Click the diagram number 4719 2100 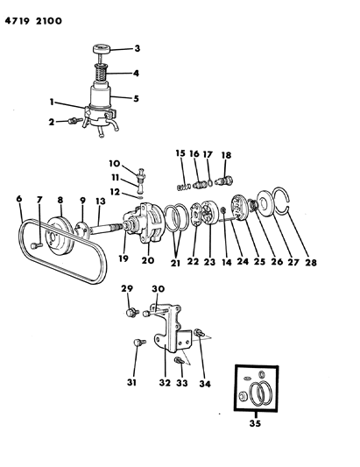pos(33,21)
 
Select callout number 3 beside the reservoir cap pos(137,48)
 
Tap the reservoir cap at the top pos(100,48)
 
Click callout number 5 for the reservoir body pos(136,99)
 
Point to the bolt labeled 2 pos(74,121)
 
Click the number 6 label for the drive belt pos(19,198)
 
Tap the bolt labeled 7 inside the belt pos(36,245)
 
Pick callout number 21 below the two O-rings pos(175,263)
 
